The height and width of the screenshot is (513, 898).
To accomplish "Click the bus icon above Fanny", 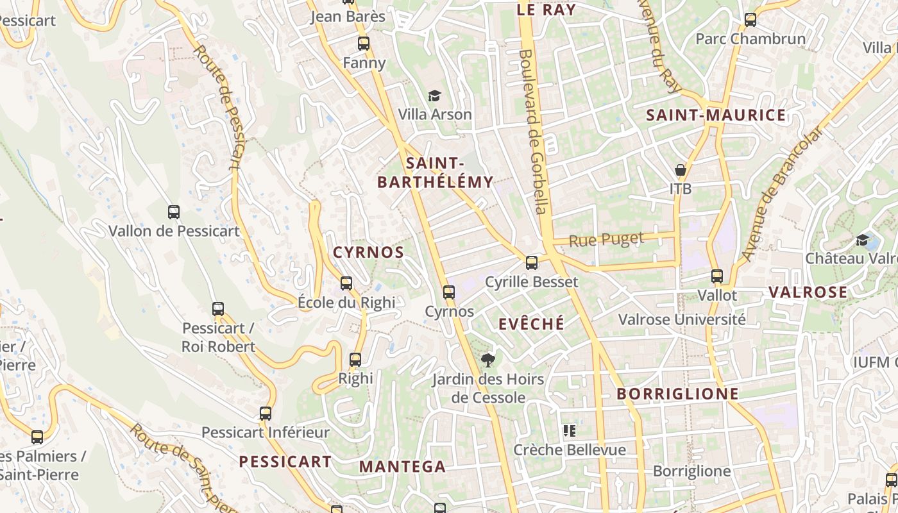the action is pyautogui.click(x=364, y=44).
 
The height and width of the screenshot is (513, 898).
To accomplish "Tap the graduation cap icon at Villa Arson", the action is pyautogui.click(x=435, y=96).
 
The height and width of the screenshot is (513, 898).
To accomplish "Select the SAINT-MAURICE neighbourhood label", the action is pyautogui.click(x=715, y=115).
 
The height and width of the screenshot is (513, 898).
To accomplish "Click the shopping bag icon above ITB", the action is pyautogui.click(x=681, y=170).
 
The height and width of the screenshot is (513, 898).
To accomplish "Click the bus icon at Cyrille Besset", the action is pyautogui.click(x=532, y=262).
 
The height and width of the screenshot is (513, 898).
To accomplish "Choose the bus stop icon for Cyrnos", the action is pyautogui.click(x=449, y=292).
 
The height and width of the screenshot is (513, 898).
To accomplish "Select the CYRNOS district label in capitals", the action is pyautogui.click(x=368, y=253).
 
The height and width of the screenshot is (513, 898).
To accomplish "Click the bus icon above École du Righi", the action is pyautogui.click(x=346, y=283).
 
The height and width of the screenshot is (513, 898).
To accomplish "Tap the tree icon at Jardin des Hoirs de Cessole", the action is pyautogui.click(x=488, y=360).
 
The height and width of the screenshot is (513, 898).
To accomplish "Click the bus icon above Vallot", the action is pyautogui.click(x=717, y=276).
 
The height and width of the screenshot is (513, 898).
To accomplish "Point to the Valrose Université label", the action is pyautogui.click(x=681, y=319).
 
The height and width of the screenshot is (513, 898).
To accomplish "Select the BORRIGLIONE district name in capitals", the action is pyautogui.click(x=677, y=394).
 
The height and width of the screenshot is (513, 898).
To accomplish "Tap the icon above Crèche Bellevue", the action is pyautogui.click(x=569, y=430).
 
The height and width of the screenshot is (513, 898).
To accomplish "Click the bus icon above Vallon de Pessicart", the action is pyautogui.click(x=174, y=212).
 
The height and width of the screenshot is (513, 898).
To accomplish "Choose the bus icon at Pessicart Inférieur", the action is pyautogui.click(x=266, y=414).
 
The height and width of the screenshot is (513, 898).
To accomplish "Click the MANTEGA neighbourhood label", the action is pyautogui.click(x=402, y=467).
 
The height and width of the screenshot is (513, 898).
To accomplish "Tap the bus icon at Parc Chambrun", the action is pyautogui.click(x=750, y=20).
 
